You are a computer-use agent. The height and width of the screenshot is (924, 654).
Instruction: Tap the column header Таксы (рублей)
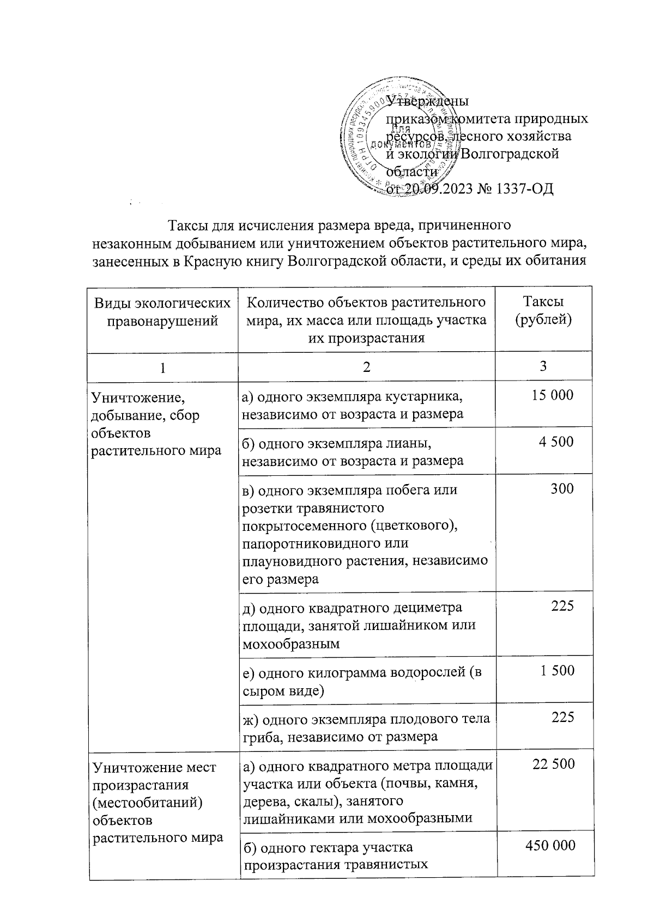(x=543, y=310)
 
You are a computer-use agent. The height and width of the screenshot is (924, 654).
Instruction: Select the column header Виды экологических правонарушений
(x=162, y=311)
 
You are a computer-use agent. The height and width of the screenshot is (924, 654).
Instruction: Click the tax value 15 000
(x=553, y=395)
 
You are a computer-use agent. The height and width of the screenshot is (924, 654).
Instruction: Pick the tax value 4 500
(x=556, y=442)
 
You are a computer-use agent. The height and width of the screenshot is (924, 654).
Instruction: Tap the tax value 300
(x=562, y=488)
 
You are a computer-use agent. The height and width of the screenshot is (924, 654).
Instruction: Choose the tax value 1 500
(x=557, y=670)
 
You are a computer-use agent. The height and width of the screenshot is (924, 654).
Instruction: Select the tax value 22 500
(x=553, y=764)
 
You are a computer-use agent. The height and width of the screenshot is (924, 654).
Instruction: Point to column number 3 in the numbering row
(x=543, y=366)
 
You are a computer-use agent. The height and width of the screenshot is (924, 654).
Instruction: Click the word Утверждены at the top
(x=428, y=101)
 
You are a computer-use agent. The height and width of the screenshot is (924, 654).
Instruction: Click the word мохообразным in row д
(x=291, y=644)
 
